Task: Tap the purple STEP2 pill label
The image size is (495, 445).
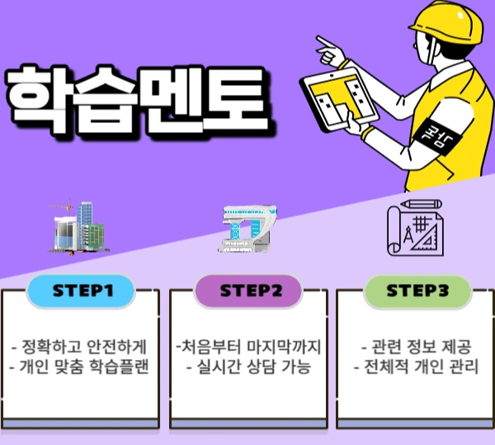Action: tap(250, 291)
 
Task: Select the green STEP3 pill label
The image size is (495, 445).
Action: tap(417, 291)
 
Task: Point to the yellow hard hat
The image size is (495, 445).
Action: tap(446, 25)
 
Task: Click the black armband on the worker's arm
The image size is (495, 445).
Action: tap(430, 131)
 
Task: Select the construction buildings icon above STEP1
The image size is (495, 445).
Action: tap(81, 225)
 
